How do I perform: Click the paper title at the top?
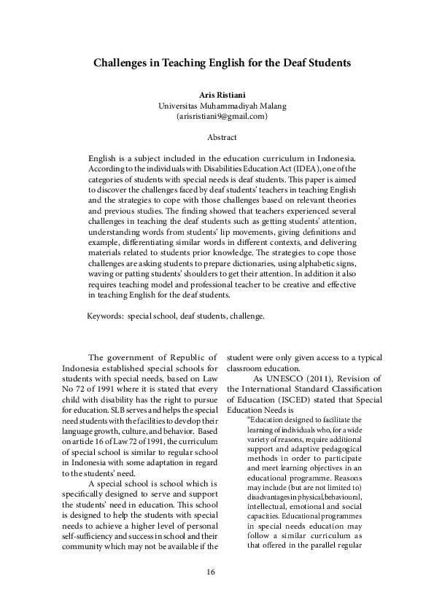(x=222, y=63)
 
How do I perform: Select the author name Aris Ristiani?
(x=222, y=95)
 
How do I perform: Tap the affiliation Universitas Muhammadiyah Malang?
(x=222, y=105)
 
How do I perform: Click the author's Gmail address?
(x=222, y=116)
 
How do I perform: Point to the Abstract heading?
(x=222, y=137)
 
